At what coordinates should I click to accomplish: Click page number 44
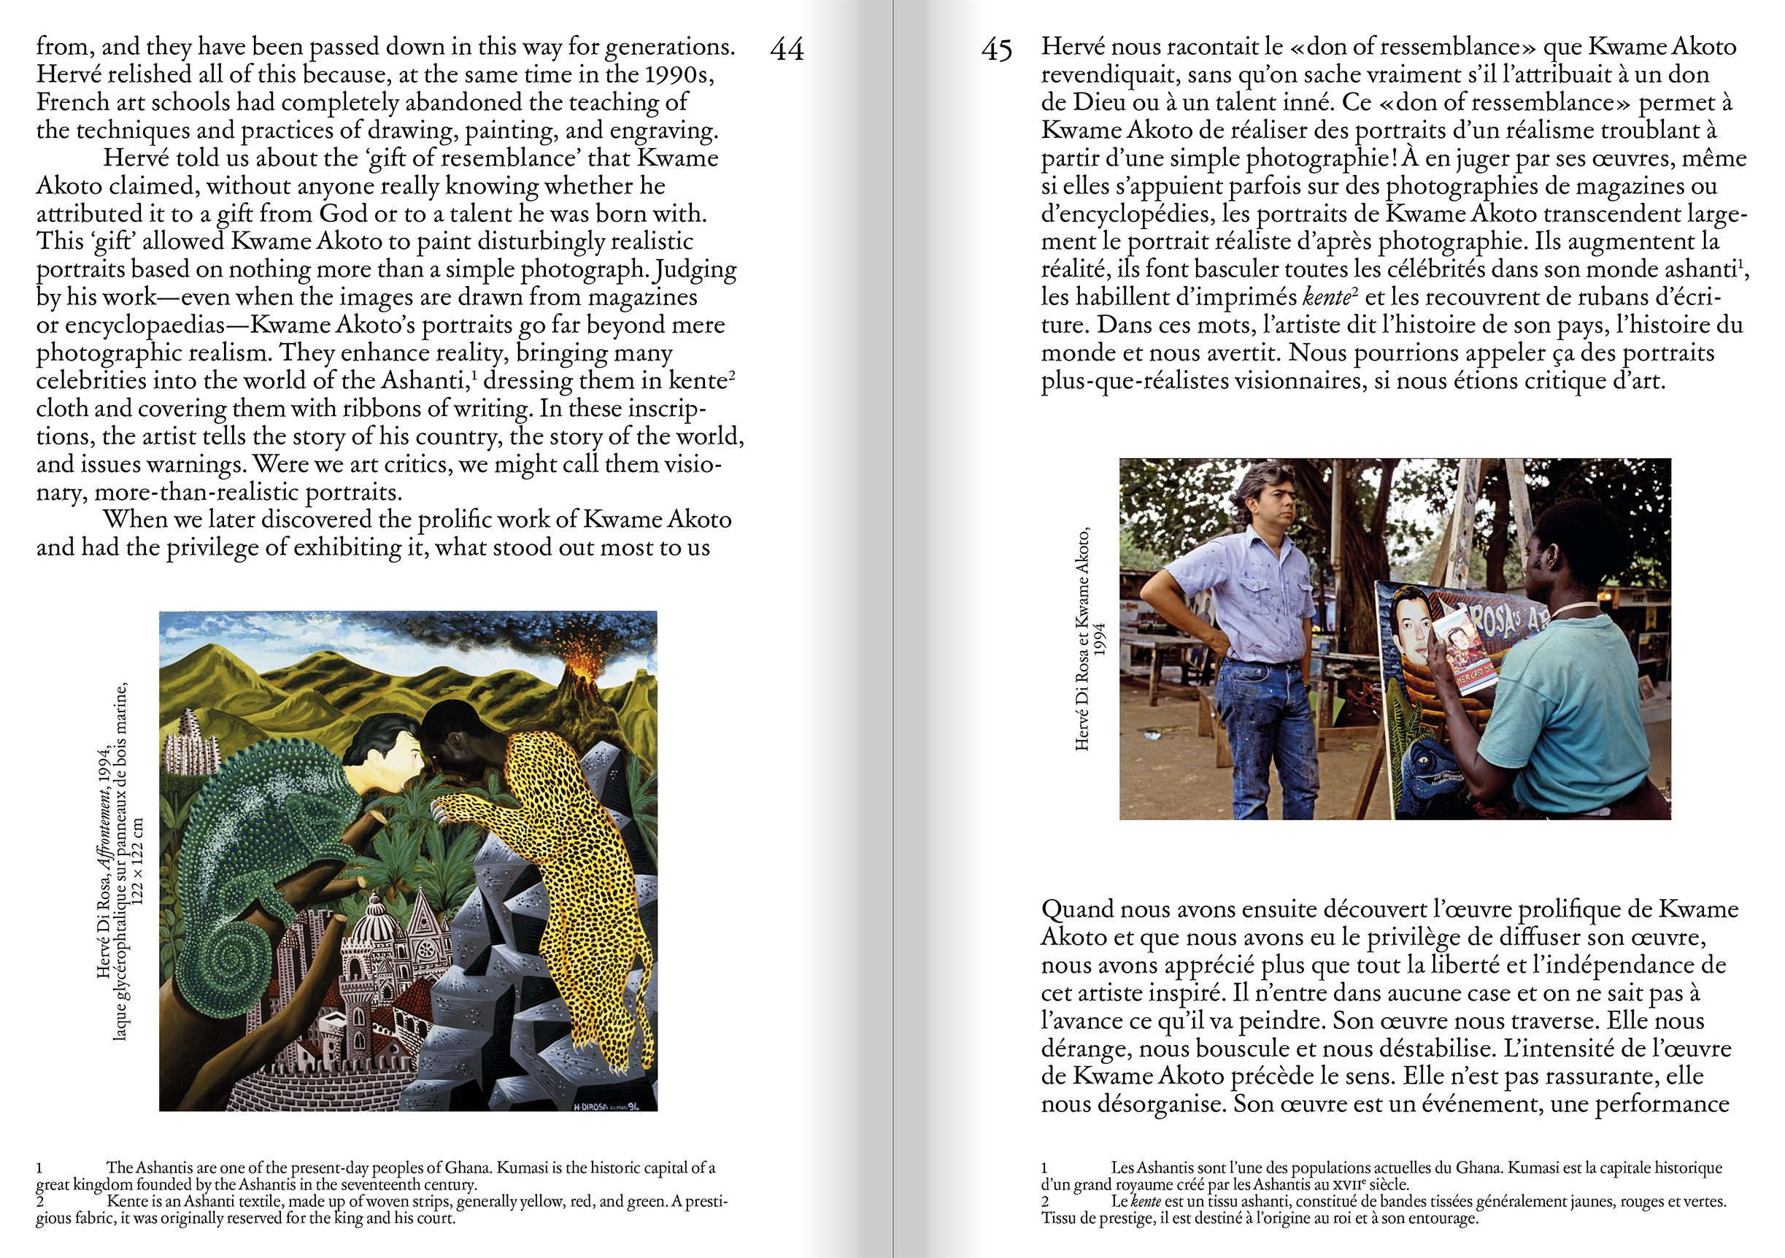pos(787,50)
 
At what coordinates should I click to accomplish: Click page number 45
pos(997,50)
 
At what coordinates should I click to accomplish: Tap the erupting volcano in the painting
pos(584,668)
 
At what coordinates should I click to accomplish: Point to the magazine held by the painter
pos(1464,649)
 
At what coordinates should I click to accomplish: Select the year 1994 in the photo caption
pos(1099,639)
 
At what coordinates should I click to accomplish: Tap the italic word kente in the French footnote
pos(1145,1201)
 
